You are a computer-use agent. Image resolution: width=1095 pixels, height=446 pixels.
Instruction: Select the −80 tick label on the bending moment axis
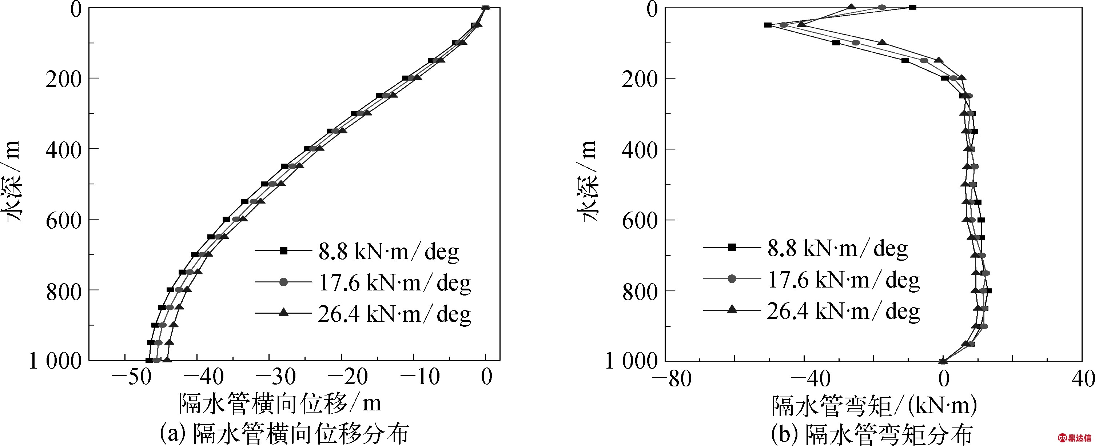click(x=673, y=378)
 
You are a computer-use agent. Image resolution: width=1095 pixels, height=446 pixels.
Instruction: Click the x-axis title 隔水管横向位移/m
click(x=280, y=403)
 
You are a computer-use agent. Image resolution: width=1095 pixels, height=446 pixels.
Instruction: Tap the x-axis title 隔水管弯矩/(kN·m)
click(x=874, y=406)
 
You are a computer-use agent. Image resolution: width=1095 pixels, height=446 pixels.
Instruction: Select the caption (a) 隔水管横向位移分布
click(x=284, y=434)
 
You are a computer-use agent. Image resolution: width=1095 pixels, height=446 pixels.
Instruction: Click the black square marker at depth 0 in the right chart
click(x=912, y=7)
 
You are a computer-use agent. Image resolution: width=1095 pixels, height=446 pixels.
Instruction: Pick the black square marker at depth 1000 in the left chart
click(x=149, y=361)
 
